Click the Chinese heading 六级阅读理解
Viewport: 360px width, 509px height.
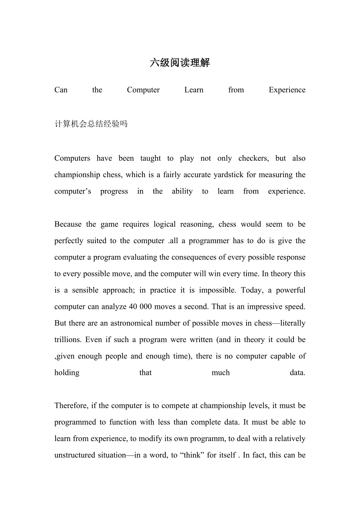coord(180,63)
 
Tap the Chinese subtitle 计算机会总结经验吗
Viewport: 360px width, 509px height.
coord(91,124)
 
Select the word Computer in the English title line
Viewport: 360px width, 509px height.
coord(143,90)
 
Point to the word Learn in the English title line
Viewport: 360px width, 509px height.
coord(194,90)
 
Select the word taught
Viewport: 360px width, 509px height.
coord(150,158)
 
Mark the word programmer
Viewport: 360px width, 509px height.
coord(209,241)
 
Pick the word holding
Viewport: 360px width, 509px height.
coord(67,373)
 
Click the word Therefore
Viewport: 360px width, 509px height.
coord(71,406)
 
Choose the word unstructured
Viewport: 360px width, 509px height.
coord(74,455)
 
